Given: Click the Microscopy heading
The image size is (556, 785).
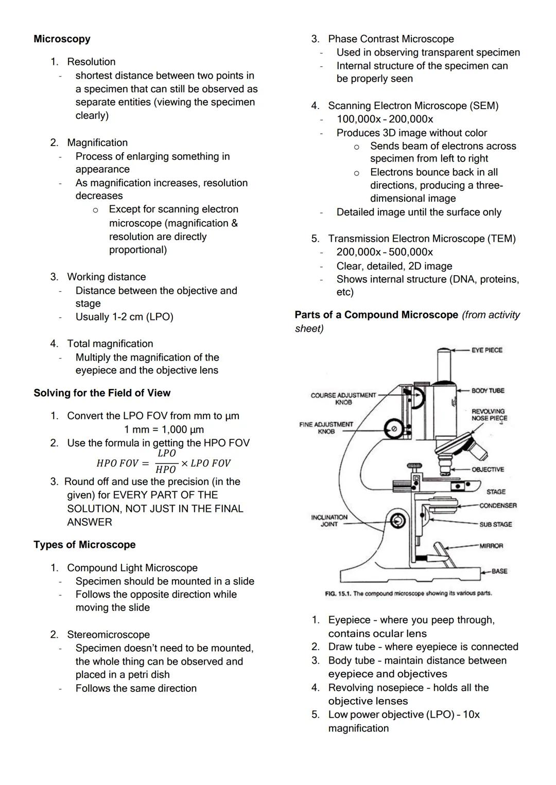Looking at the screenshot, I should tap(62, 39).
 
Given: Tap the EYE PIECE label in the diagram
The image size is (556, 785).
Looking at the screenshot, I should tap(486, 350).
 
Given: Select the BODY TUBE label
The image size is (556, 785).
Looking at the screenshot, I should tap(488, 390).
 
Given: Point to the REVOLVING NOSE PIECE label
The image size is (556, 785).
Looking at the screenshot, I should tap(489, 415).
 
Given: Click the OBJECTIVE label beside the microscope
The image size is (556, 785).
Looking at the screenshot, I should tap(488, 469).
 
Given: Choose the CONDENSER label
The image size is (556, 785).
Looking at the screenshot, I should tap(497, 505).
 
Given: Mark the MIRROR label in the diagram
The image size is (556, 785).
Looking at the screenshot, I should tap(491, 545).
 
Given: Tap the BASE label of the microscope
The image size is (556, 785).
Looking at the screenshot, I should tap(499, 571).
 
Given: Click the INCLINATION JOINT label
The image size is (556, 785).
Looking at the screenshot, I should tap(329, 521).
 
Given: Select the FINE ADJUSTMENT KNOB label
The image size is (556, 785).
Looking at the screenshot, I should tap(326, 428).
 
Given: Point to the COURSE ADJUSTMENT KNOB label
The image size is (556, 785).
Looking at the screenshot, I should tap(343, 399).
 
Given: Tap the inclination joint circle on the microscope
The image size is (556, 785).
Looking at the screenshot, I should tap(397, 521).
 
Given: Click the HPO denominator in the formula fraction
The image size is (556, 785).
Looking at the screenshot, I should tap(166, 470).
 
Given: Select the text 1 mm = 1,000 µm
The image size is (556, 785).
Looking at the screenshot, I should tap(164, 430).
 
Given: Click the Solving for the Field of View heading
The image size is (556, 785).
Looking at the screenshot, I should tap(102, 393).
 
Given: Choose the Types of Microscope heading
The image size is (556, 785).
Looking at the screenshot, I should tap(84, 545).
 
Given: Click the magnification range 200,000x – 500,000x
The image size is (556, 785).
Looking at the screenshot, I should tap(385, 252).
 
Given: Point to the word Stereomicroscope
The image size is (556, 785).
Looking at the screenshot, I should tap(108, 635).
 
